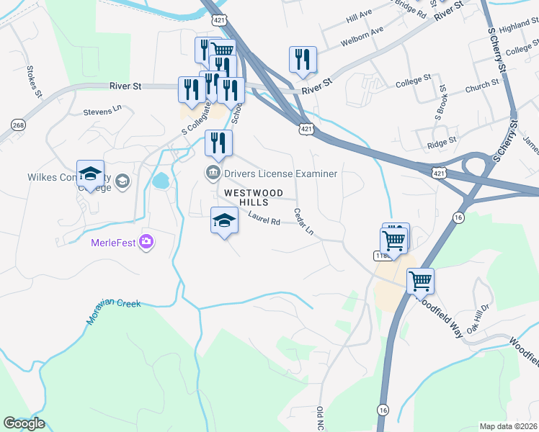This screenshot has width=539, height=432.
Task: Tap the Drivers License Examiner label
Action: (280, 174)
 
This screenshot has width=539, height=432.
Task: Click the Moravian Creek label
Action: (114, 312)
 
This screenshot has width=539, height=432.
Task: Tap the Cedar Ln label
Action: (305, 222)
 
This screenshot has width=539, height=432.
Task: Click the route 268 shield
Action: (19, 125)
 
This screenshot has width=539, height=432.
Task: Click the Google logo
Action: (24, 423)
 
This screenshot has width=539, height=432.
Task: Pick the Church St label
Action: (482, 86)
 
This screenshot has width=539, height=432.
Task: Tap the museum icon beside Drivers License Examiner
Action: (213, 173)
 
